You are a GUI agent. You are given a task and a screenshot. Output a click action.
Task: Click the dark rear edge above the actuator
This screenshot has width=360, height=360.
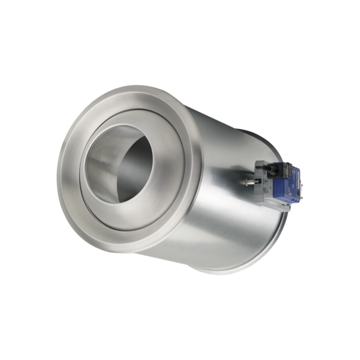[262, 141]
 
